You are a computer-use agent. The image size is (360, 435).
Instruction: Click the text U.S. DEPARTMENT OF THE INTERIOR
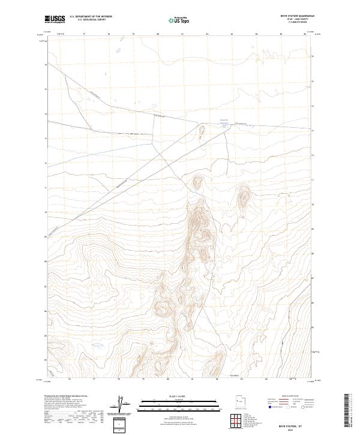click(91, 17)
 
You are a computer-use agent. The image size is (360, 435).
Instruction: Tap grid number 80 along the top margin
click(158, 35)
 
